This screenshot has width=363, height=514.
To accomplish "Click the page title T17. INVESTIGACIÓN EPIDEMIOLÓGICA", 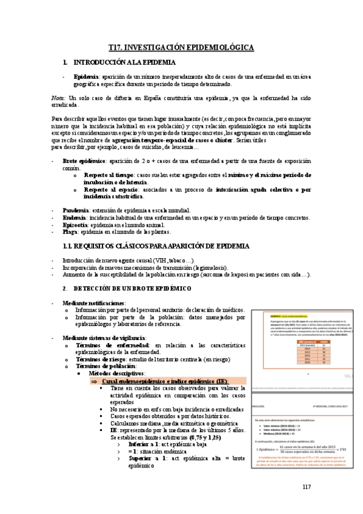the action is [181, 47].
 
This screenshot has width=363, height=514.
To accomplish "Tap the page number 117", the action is [306, 487].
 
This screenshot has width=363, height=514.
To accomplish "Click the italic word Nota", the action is [58, 98].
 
